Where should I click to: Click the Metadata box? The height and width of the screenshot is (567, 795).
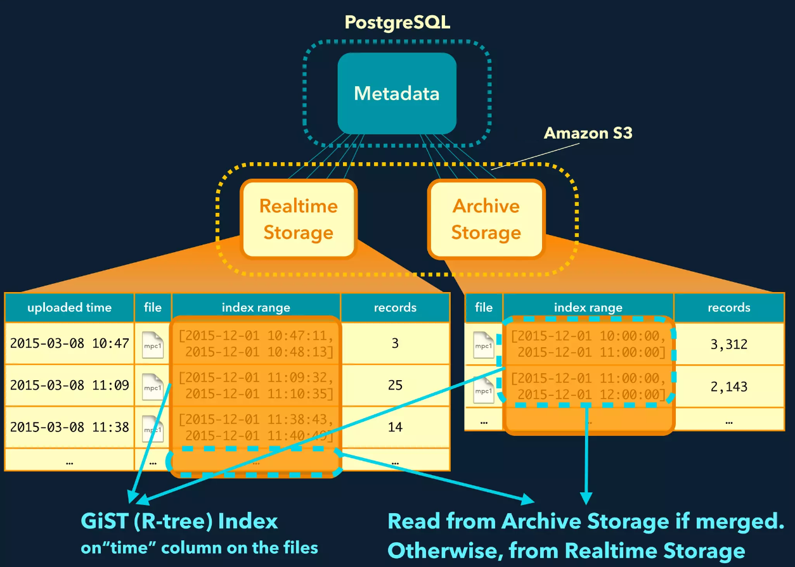click(397, 93)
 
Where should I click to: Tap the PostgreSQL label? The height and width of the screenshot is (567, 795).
click(397, 23)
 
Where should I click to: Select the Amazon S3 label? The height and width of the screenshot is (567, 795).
click(588, 133)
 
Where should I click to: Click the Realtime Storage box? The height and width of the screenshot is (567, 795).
click(298, 219)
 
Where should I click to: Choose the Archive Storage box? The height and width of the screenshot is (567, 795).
click(486, 219)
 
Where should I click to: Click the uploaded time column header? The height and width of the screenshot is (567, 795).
click(69, 308)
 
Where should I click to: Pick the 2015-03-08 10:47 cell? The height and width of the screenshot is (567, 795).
click(69, 343)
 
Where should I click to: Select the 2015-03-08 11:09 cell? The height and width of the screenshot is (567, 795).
click(69, 385)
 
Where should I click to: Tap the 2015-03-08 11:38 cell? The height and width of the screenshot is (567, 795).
click(69, 427)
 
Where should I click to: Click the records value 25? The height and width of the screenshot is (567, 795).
click(395, 385)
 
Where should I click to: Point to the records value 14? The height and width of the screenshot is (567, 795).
click(395, 427)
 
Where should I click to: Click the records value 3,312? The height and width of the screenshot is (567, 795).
click(728, 345)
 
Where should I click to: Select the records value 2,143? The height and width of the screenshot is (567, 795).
click(728, 386)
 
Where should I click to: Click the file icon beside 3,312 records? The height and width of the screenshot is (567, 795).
click(484, 345)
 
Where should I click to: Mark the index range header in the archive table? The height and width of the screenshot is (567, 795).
click(588, 308)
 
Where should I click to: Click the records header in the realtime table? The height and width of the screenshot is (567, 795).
click(395, 308)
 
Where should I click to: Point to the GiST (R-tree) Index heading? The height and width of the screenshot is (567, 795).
click(179, 521)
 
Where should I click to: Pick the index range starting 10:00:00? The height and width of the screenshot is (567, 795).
click(589, 345)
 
